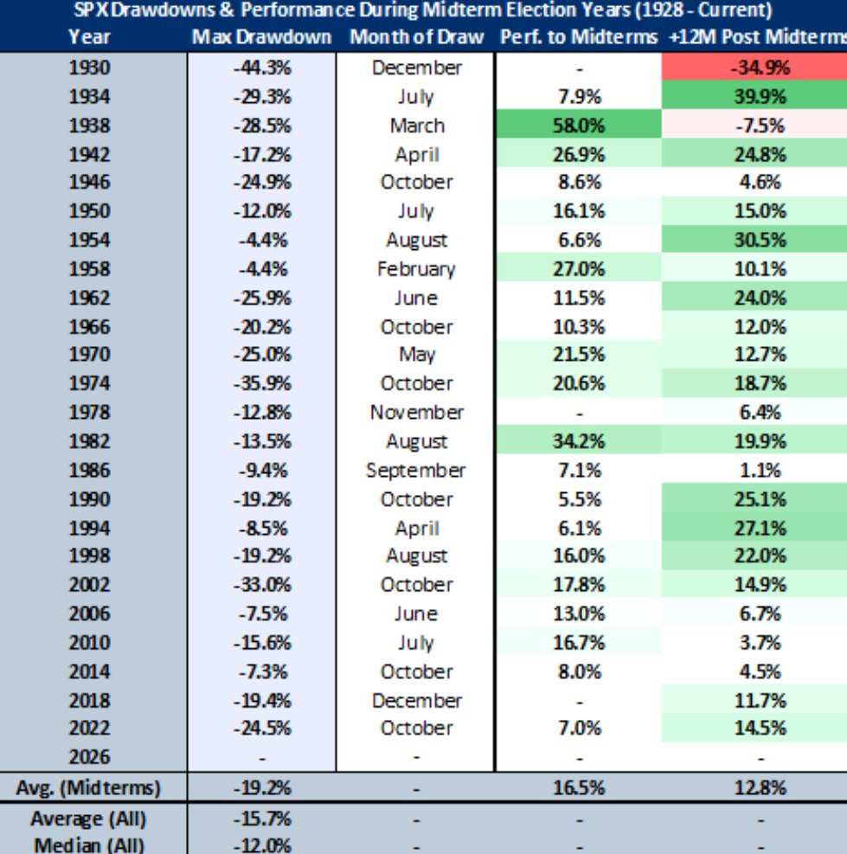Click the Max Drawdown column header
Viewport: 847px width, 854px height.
click(x=261, y=38)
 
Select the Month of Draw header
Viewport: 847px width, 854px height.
click(x=416, y=38)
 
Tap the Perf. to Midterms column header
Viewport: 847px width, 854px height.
click(x=580, y=38)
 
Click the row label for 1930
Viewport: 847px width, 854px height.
click(x=90, y=67)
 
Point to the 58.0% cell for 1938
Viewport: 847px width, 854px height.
click(x=580, y=125)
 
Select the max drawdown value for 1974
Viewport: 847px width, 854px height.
click(x=261, y=383)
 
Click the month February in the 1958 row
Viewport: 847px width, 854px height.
click(x=416, y=269)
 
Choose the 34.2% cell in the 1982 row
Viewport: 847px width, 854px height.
click(x=580, y=441)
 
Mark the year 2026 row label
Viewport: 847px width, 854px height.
click(x=90, y=757)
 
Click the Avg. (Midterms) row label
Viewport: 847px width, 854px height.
click(x=88, y=788)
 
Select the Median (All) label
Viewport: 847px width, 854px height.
click(x=88, y=845)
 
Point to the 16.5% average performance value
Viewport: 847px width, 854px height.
click(x=580, y=788)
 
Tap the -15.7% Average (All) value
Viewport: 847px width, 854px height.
click(x=261, y=818)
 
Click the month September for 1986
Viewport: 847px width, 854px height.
click(x=416, y=471)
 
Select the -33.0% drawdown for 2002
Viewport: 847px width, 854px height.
click(x=261, y=585)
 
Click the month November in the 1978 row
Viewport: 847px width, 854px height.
click(x=416, y=413)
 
